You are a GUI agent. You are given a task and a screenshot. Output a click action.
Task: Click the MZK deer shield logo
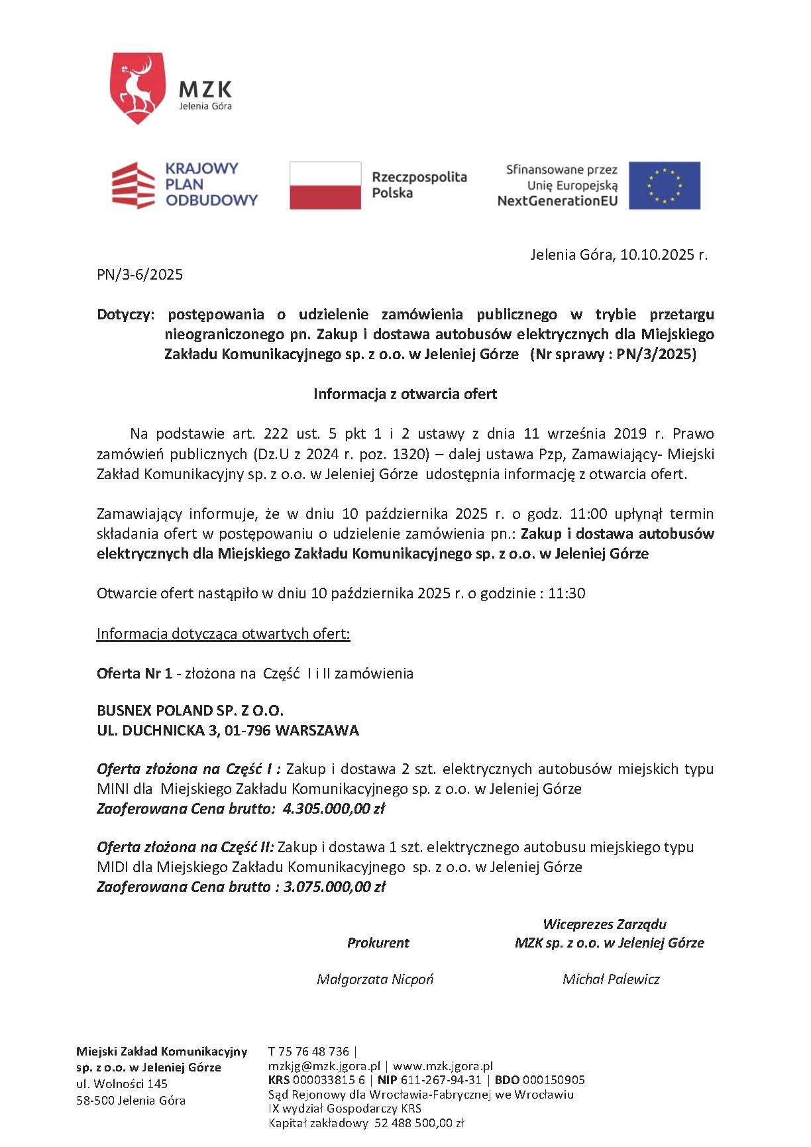click(137, 89)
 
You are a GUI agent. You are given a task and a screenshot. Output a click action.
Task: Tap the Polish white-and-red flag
click(325, 186)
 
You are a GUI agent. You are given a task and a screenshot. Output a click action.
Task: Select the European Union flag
click(664, 186)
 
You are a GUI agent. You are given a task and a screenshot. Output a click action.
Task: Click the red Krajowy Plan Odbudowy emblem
click(133, 186)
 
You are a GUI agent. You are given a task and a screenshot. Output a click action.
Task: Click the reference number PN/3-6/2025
click(140, 275)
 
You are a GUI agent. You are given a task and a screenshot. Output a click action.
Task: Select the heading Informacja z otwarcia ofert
click(405, 394)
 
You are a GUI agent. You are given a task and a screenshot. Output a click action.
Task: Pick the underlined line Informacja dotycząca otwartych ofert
click(223, 634)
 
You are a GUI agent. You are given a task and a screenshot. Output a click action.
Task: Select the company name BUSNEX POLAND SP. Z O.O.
click(190, 711)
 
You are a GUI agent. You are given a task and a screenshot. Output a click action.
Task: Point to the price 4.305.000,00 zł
click(333, 809)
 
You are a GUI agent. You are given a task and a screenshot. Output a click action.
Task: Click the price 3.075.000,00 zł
click(334, 887)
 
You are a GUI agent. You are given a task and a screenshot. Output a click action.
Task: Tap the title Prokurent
click(378, 943)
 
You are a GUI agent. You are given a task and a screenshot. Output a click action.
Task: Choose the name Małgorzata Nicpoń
click(375, 979)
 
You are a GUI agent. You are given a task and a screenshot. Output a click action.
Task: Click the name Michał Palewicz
click(611, 979)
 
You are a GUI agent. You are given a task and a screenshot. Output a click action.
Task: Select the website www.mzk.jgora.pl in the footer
click(443, 1067)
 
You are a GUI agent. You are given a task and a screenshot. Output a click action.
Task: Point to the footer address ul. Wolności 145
click(122, 1084)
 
